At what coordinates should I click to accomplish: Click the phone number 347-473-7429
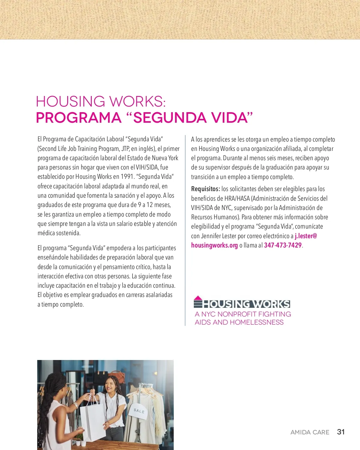coord(283,245)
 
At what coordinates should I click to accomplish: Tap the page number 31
coord(341,432)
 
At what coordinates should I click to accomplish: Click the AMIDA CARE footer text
coord(310,432)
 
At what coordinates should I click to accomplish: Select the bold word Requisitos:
coord(205,189)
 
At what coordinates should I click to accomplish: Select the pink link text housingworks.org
coord(214,245)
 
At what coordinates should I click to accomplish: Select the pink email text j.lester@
coord(306,236)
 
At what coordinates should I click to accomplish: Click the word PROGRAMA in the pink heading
coord(79,118)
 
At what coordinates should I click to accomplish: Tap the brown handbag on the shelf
coord(122,375)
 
